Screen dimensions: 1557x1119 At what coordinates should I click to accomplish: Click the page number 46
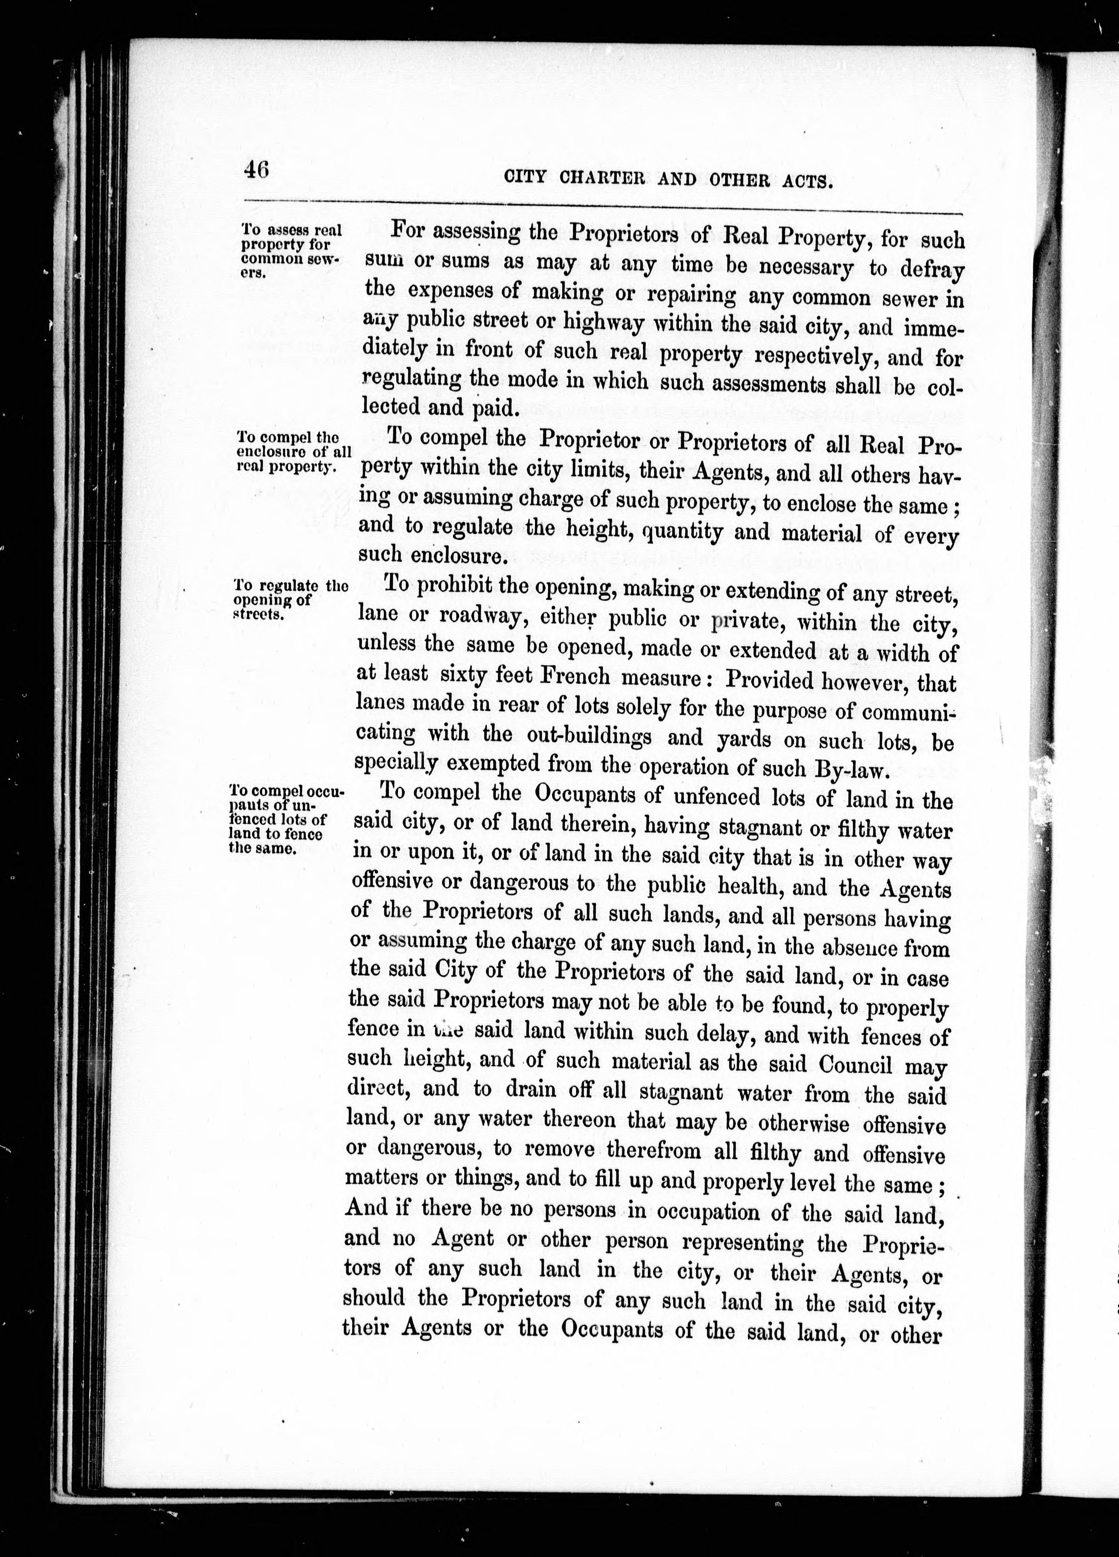[256, 169]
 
